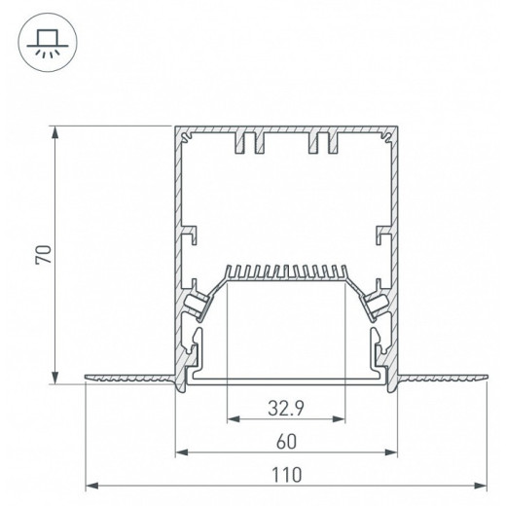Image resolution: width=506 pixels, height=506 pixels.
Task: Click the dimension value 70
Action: (44, 255)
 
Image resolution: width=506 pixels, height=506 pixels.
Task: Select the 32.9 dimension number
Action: (286, 409)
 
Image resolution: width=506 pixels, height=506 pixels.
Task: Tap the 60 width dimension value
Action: (287, 442)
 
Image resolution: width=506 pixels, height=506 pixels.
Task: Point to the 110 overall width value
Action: (286, 475)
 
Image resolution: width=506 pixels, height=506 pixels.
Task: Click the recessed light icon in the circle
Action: (48, 43)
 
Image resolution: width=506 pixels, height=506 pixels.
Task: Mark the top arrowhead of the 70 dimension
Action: (55, 133)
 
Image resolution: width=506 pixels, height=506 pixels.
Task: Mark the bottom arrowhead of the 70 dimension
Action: (55, 377)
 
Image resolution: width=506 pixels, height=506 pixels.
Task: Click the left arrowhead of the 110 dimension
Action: (91, 486)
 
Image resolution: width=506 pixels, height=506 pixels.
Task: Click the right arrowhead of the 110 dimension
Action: (481, 486)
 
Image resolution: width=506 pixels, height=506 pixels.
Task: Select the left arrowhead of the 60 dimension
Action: (182, 452)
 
